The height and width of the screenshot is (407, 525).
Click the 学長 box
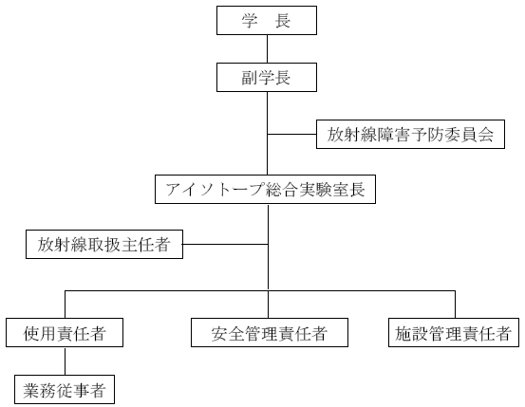point(267,21)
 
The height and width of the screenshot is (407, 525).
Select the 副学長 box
point(267,77)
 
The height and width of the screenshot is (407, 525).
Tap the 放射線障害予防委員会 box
point(410,134)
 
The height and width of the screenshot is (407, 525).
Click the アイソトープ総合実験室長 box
point(265,189)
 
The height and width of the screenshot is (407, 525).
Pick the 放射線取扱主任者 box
point(104,245)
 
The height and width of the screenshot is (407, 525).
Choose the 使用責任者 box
point(65,333)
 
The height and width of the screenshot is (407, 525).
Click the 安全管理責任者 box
point(270,333)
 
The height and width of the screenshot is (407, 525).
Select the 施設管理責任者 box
point(454,333)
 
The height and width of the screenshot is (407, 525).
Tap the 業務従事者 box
point(65,390)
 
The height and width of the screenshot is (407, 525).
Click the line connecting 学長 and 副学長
point(267,49)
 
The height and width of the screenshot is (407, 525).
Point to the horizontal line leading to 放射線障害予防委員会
point(292,135)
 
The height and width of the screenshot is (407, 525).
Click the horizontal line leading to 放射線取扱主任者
point(225,245)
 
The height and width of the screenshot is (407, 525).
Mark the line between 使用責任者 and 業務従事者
point(65,361)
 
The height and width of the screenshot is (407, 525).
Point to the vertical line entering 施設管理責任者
point(455,305)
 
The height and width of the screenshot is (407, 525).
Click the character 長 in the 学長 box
point(283,21)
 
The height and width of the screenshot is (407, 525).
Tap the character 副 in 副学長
point(250,78)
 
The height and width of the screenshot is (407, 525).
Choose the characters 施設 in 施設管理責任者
point(411,333)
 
